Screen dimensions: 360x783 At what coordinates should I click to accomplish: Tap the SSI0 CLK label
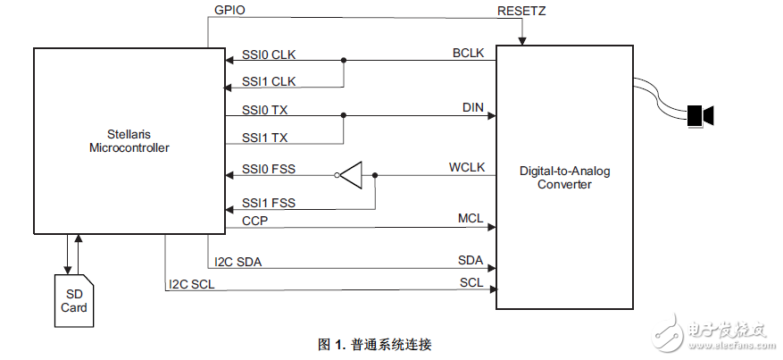click(x=269, y=54)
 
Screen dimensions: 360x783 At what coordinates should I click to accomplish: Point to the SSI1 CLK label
click(x=269, y=81)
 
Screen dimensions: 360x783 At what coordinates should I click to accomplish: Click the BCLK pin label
click(x=468, y=54)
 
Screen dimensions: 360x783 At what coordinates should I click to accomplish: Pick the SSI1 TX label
click(x=264, y=138)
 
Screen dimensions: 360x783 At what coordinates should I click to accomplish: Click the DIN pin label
click(x=472, y=108)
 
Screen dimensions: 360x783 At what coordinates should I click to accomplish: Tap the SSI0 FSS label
click(x=269, y=169)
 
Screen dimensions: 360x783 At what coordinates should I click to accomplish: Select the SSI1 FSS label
click(x=269, y=203)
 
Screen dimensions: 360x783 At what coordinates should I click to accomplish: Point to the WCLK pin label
click(x=466, y=168)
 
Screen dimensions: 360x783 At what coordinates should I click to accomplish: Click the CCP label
click(x=255, y=220)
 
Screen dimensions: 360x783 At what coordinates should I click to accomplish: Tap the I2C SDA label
click(x=238, y=262)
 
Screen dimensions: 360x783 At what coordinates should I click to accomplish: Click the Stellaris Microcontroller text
click(x=129, y=140)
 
